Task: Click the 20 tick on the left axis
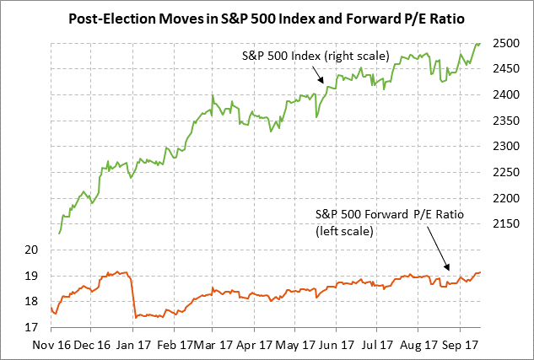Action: point(32,250)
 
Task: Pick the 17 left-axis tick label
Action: point(32,327)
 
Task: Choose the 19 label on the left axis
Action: point(32,276)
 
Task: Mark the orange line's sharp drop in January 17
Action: point(133,295)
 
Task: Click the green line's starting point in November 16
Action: point(59,233)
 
